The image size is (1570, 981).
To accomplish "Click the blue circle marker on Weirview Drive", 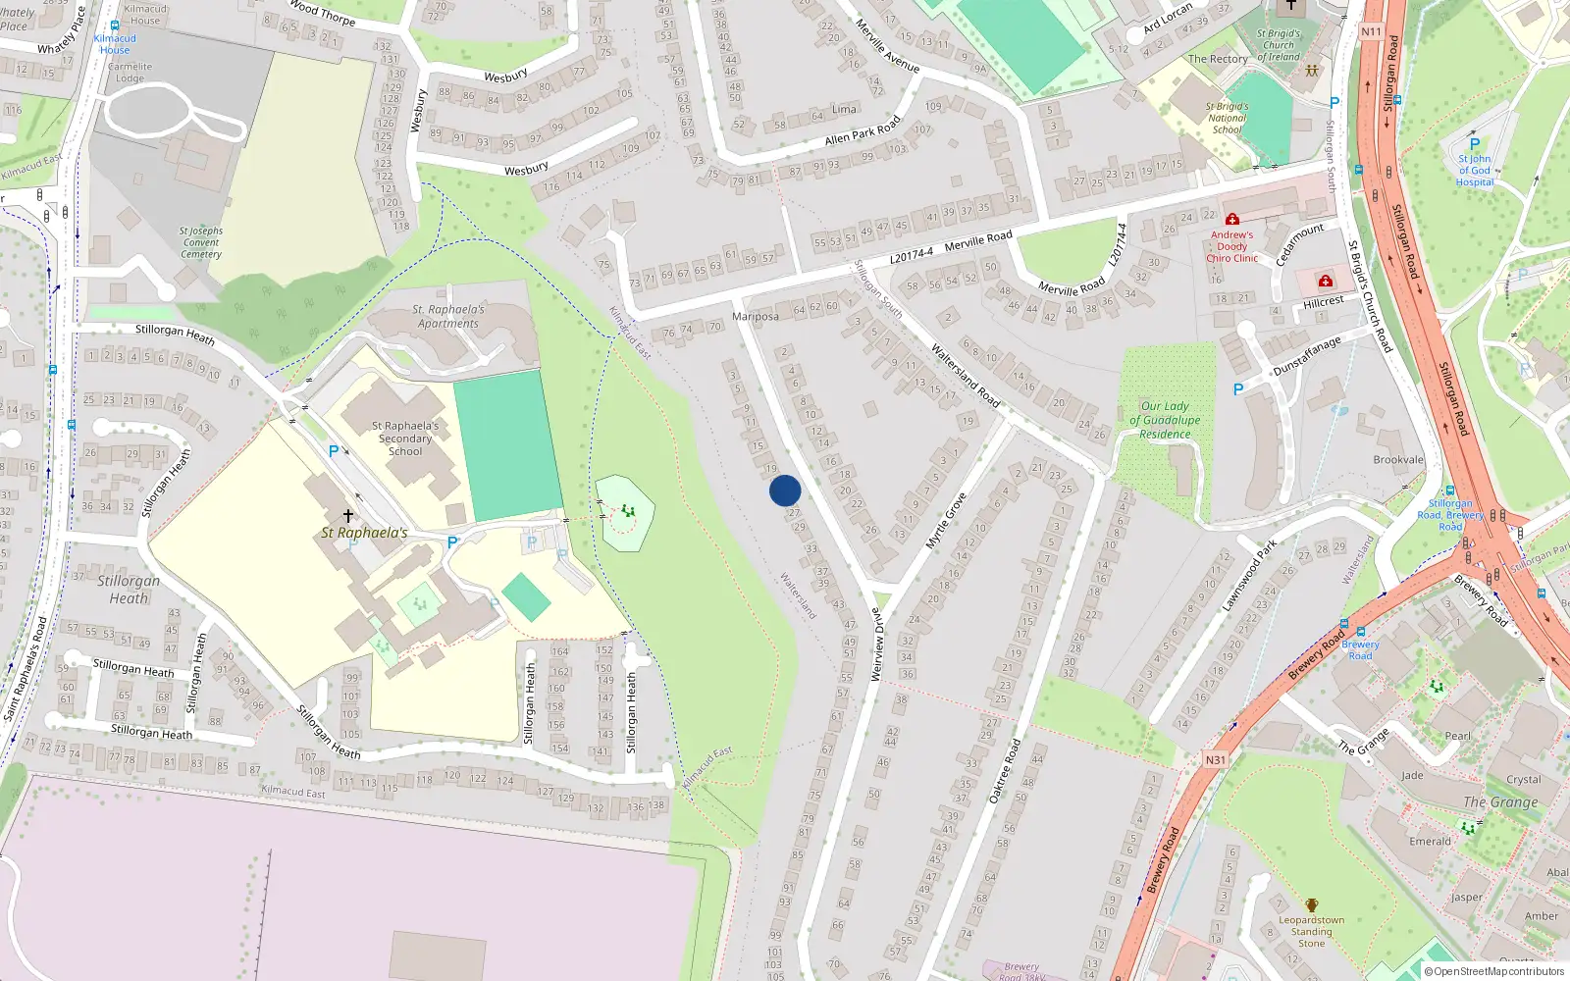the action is tap(785, 490).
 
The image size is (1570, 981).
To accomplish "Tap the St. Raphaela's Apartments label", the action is tap(448, 316).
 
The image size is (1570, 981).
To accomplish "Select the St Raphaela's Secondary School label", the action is tap(405, 439).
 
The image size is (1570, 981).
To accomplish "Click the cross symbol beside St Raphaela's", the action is tap(347, 515).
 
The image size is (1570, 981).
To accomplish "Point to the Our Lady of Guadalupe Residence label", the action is tap(1165, 420).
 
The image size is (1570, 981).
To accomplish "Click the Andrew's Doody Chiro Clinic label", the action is tap(1231, 246).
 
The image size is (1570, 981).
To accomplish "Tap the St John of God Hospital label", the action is tap(1474, 170).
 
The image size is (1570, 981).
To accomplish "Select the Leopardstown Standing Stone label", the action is tap(1312, 932).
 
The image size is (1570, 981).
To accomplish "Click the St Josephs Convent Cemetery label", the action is tap(201, 242).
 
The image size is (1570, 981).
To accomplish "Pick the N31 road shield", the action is tap(1215, 760).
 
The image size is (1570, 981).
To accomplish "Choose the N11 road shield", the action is tap(1371, 31).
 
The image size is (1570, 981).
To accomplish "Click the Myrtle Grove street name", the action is tap(946, 521).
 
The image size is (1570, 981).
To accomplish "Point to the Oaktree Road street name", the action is tap(1005, 771).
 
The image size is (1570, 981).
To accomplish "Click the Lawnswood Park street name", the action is tap(1249, 576).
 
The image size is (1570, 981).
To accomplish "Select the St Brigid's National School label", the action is tap(1227, 118).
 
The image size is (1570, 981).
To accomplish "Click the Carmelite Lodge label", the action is tap(130, 73).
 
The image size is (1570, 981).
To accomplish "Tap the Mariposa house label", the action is tap(756, 317).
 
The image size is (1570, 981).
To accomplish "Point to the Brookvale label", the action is tap(1398, 460).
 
